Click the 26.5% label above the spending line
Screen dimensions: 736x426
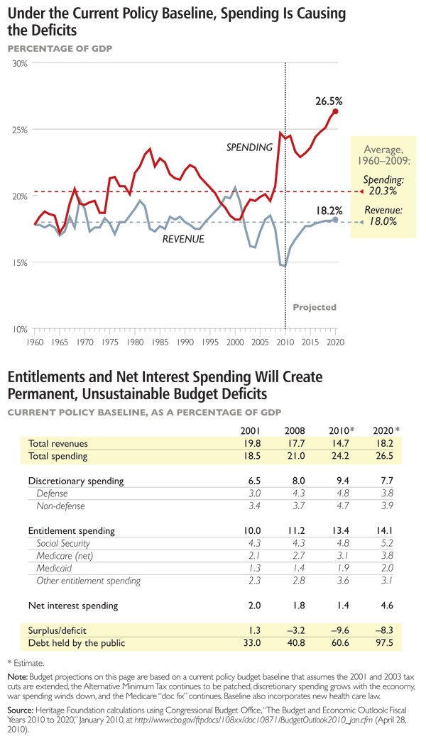pyautogui.click(x=329, y=101)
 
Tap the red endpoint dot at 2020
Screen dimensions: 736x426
pyautogui.click(x=335, y=111)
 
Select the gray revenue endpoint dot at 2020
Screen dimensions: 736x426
pyautogui.click(x=335, y=219)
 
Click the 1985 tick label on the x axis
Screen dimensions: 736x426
pyautogui.click(x=160, y=341)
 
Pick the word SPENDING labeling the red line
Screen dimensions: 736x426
pyautogui.click(x=249, y=147)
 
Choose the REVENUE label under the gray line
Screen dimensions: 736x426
pyautogui.click(x=183, y=239)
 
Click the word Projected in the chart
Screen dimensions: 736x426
pyautogui.click(x=315, y=308)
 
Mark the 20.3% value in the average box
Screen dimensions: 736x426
pyautogui.click(x=383, y=191)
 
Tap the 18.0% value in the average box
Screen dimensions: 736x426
pyautogui.click(x=383, y=221)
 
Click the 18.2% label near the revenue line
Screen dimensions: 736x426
pyautogui.click(x=329, y=211)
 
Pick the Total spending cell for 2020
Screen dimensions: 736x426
pyautogui.click(x=382, y=456)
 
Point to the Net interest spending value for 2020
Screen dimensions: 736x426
pyautogui.click(x=382, y=606)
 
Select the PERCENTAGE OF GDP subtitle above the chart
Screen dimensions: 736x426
pyautogui.click(x=60, y=48)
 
